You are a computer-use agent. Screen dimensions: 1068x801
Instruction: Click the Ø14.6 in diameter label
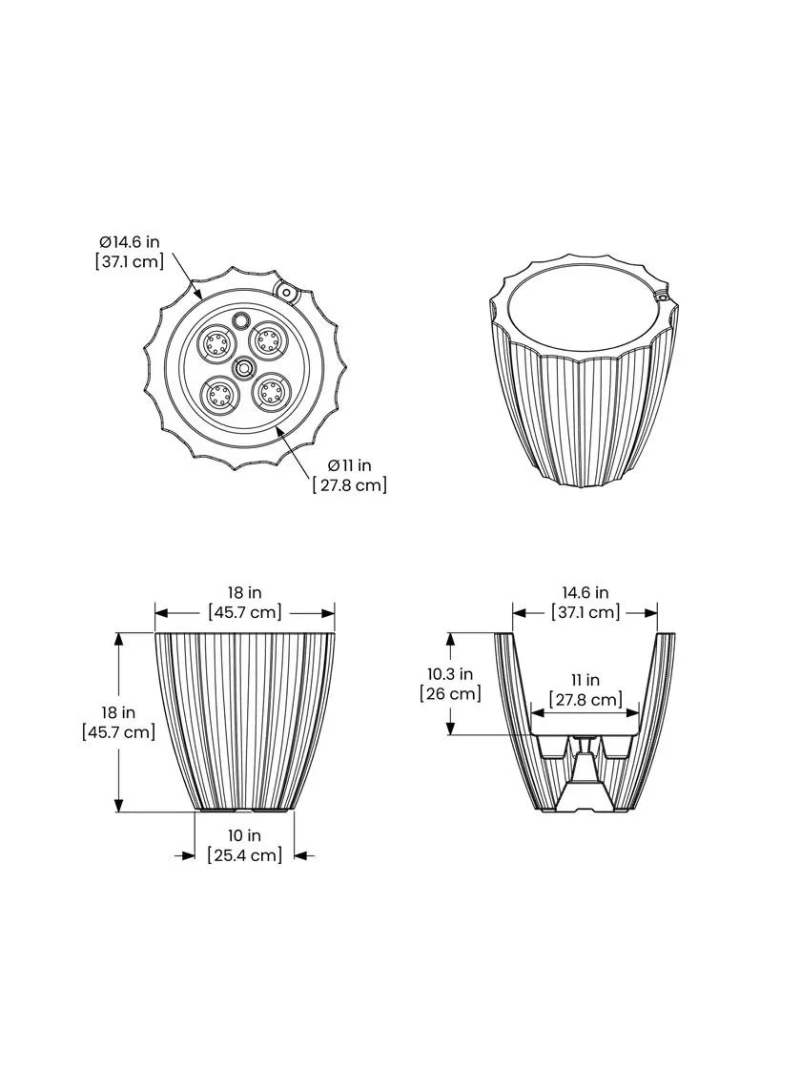click(x=127, y=242)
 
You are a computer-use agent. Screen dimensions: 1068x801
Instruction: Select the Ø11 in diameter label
click(x=349, y=465)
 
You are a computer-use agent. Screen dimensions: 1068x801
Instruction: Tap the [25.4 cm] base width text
click(x=245, y=854)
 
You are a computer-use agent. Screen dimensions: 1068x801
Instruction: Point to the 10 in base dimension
click(x=245, y=835)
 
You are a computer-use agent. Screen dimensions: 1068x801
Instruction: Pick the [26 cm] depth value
click(x=450, y=693)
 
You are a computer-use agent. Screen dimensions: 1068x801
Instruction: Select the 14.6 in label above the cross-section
click(x=585, y=593)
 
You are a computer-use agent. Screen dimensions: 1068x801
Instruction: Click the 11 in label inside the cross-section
click(x=585, y=680)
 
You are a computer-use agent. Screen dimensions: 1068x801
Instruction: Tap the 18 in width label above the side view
click(x=245, y=593)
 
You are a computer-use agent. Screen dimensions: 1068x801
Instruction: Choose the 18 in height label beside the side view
click(x=118, y=712)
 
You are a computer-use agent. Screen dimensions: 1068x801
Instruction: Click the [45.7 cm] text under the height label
click(x=118, y=731)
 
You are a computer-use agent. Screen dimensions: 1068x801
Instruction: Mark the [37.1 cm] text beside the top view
click(x=129, y=261)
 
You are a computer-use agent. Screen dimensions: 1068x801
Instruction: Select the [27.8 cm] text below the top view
click(x=350, y=484)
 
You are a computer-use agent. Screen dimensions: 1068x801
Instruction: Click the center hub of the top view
click(x=242, y=366)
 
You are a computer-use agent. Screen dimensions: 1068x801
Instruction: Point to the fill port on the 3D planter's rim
click(x=661, y=298)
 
